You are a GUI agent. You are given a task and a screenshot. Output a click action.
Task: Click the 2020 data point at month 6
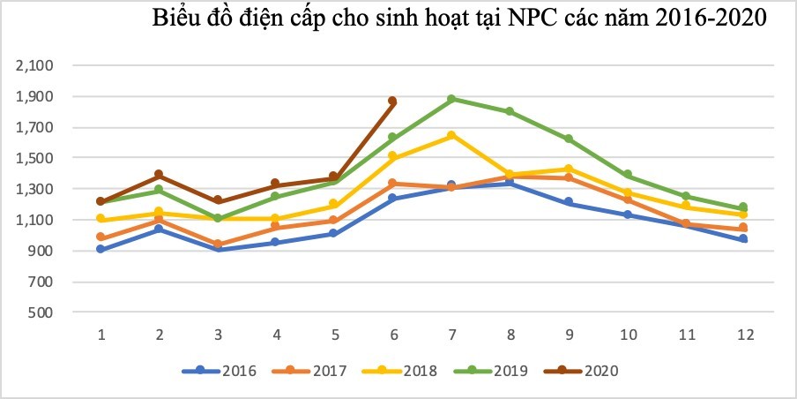pyautogui.click(x=392, y=102)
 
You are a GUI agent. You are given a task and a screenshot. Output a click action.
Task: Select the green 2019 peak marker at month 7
pyautogui.click(x=451, y=99)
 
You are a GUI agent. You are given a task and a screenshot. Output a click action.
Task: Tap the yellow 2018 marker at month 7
pyautogui.click(x=451, y=135)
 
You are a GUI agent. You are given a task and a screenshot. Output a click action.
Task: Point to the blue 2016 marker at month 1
pyautogui.click(x=101, y=249)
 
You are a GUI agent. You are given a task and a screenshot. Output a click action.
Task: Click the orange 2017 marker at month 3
pyautogui.click(x=218, y=245)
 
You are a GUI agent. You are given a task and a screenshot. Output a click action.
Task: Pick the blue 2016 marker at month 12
pyautogui.click(x=743, y=239)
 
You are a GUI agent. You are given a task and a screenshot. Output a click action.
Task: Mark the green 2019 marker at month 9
pyautogui.click(x=569, y=139)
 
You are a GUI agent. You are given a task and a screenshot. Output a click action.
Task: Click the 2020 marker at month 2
pyautogui.click(x=160, y=175)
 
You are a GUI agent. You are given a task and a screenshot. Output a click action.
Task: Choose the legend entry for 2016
pyautogui.click(x=220, y=371)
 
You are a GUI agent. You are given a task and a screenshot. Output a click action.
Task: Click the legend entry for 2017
pyautogui.click(x=309, y=371)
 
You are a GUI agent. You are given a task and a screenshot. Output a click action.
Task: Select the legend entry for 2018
pyautogui.click(x=400, y=371)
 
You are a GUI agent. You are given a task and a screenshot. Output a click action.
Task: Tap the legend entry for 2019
pyautogui.click(x=492, y=371)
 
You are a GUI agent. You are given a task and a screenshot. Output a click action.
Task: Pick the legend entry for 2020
pyautogui.click(x=583, y=371)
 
